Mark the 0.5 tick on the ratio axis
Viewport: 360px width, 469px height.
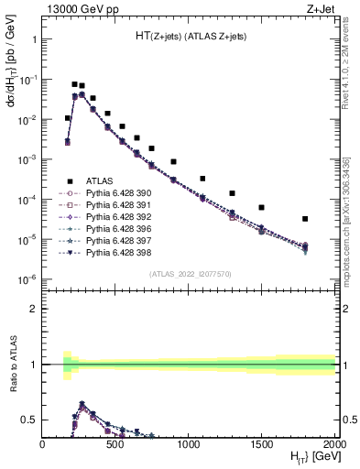pos(30,420)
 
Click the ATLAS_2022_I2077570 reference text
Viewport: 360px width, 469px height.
pos(189,275)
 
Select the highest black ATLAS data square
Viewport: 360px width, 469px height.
pos(75,84)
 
